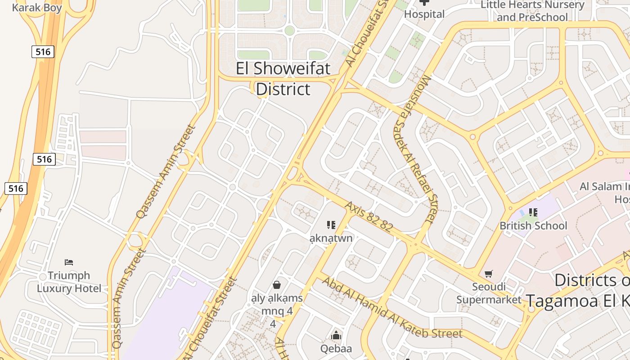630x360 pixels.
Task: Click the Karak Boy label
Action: click(x=37, y=8)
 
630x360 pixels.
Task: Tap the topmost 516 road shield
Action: click(x=43, y=52)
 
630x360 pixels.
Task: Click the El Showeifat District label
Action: click(x=283, y=79)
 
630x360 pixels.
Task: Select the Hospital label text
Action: click(x=424, y=14)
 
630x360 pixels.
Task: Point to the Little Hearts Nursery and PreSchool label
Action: click(x=532, y=11)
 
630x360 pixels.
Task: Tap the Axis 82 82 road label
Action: click(x=369, y=216)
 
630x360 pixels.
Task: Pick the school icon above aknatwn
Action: click(x=331, y=225)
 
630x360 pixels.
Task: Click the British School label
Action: click(x=533, y=225)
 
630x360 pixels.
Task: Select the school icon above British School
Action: click(x=533, y=212)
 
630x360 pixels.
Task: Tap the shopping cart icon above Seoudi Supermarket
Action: click(x=489, y=274)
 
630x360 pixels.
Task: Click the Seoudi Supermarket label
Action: click(x=489, y=293)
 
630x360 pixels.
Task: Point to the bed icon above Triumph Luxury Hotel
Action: click(x=69, y=262)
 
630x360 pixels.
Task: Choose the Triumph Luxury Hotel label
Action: click(x=69, y=282)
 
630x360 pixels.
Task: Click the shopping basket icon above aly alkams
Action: click(x=277, y=284)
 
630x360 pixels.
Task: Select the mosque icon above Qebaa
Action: click(x=336, y=335)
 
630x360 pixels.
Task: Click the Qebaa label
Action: click(x=336, y=348)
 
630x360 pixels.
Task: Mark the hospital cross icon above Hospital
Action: click(x=424, y=3)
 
